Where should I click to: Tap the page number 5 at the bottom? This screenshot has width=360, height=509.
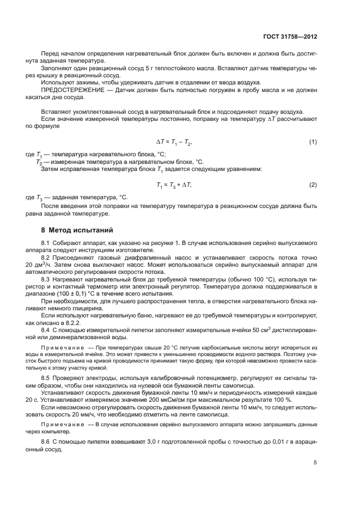[x=315, y=463]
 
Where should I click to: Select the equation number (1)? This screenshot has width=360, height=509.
[x=313, y=142]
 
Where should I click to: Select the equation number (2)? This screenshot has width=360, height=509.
[x=313, y=186]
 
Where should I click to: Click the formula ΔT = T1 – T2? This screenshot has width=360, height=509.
[x=174, y=142]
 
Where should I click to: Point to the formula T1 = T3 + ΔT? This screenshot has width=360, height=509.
[x=174, y=186]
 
